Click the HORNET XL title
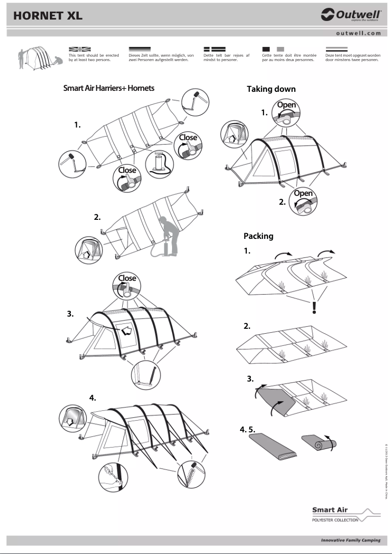pyautogui.click(x=48, y=16)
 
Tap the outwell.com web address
pyautogui.click(x=358, y=33)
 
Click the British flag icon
pyautogui.click(x=80, y=49)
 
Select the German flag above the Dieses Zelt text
pyautogui.click(x=140, y=49)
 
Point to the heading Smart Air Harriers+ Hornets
pyautogui.click(x=109, y=88)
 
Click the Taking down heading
pyautogui.click(x=271, y=89)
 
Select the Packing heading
pyautogui.click(x=258, y=236)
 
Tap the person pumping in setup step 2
pyautogui.click(x=168, y=234)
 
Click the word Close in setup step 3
pyautogui.click(x=127, y=278)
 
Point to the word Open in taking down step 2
pyautogui.click(x=303, y=193)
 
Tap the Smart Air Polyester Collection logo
pyautogui.click(x=345, y=514)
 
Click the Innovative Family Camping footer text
pyautogui.click(x=349, y=541)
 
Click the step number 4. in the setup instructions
pyautogui.click(x=92, y=398)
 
